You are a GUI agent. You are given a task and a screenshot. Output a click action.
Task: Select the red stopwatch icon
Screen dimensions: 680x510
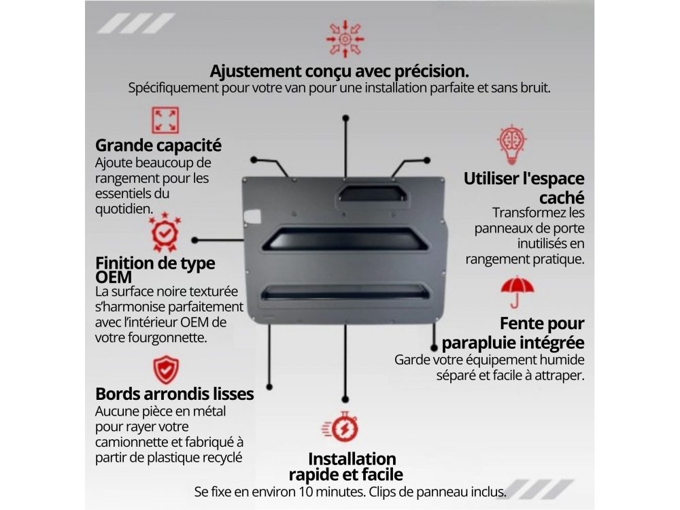click(341, 427)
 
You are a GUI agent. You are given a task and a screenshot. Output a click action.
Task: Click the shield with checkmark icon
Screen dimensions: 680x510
click(166, 370)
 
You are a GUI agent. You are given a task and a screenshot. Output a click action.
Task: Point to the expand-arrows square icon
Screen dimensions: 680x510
click(165, 120)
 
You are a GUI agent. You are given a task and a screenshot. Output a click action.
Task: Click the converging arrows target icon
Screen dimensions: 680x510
click(345, 39)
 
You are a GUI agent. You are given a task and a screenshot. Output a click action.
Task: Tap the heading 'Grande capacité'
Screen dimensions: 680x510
click(158, 146)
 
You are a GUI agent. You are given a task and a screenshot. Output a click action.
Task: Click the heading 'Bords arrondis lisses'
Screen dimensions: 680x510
click(174, 394)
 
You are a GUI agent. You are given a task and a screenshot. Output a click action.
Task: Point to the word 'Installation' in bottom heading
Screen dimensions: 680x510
click(352, 459)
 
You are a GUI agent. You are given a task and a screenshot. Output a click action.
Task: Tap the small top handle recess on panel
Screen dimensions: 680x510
click(373, 193)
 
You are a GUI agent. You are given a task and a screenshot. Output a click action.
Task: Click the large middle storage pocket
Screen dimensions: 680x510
click(345, 239)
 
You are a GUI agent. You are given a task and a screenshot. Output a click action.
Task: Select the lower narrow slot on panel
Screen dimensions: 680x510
click(345, 292)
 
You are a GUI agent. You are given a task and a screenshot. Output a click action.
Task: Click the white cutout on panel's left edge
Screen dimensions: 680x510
click(252, 216)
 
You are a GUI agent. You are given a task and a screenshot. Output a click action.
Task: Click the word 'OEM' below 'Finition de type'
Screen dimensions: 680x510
click(113, 277)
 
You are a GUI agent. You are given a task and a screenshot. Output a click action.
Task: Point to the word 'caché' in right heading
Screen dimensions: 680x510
click(562, 198)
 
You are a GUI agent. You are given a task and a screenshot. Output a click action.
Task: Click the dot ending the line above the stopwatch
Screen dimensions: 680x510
click(345, 399)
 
